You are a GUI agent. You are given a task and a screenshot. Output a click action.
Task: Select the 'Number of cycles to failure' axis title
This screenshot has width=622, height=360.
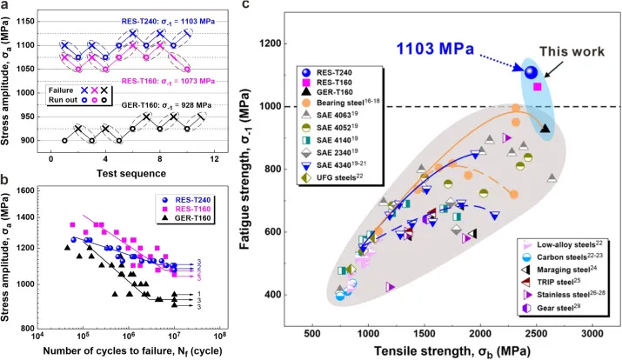[130, 350]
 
